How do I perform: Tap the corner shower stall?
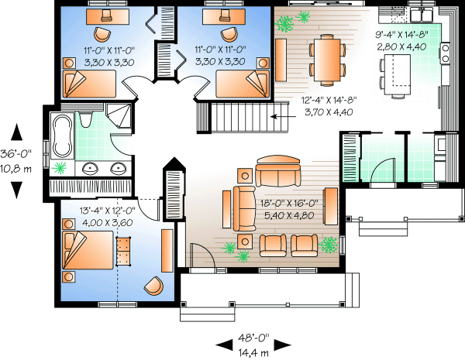(117, 118)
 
